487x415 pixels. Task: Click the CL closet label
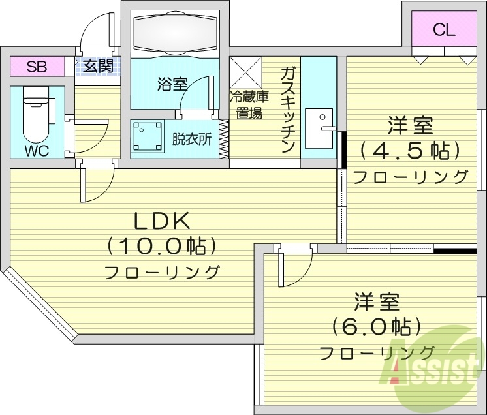[444, 29]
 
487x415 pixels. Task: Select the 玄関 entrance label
[99, 66]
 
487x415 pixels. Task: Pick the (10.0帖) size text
[161, 247]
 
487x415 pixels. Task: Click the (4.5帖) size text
[410, 150]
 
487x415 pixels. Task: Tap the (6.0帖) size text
[376, 325]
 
